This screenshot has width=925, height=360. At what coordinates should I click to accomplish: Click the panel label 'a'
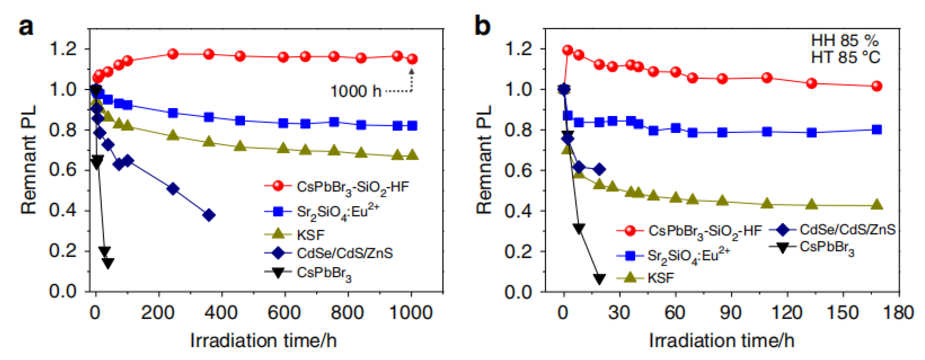(x=26, y=27)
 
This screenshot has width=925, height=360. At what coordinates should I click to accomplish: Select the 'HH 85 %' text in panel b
(x=845, y=41)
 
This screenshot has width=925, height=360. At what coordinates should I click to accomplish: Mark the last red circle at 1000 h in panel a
(x=412, y=59)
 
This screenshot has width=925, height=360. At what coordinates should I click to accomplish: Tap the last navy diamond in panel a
(x=209, y=215)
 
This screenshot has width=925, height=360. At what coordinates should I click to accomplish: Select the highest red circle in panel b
(x=567, y=50)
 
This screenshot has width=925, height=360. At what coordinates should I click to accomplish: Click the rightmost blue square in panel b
(x=877, y=130)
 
